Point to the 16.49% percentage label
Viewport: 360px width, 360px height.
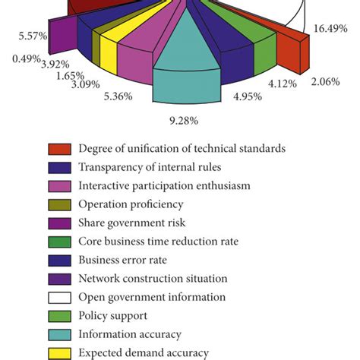(x=333, y=28)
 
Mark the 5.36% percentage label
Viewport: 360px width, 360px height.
(x=118, y=96)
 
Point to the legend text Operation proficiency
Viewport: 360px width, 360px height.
(x=131, y=204)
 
